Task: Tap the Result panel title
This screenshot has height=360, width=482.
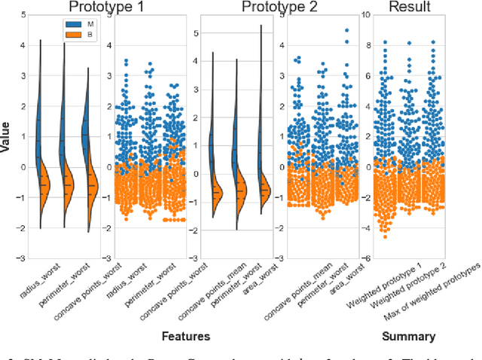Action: pyautogui.click(x=409, y=8)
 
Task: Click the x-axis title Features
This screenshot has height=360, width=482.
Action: pyautogui.click(x=186, y=336)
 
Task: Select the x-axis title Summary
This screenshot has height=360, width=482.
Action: pyautogui.click(x=409, y=336)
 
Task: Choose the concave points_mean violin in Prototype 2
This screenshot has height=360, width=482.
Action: pyautogui.click(x=215, y=166)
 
